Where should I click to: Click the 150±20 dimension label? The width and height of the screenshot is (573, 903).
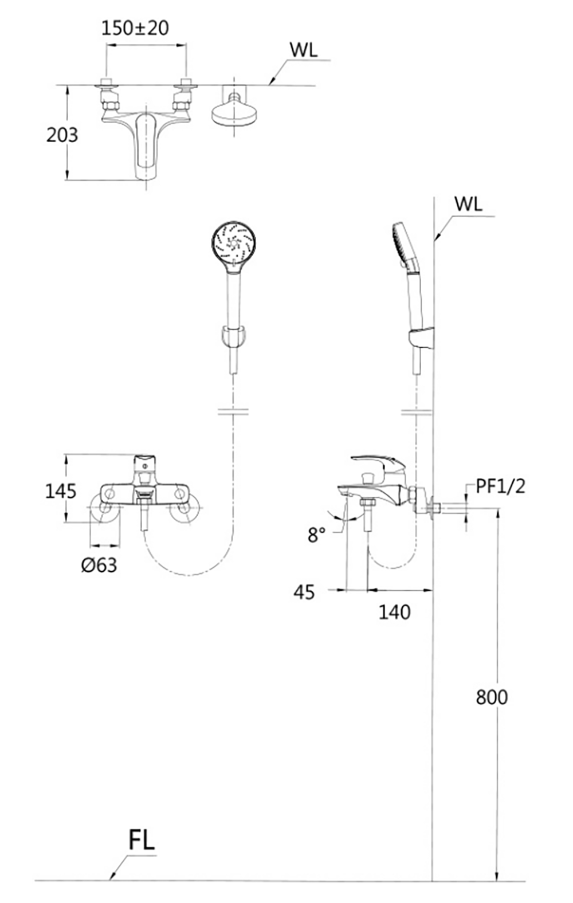[135, 28]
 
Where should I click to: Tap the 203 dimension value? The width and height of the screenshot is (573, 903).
[62, 135]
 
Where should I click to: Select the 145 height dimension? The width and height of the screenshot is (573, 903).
[61, 492]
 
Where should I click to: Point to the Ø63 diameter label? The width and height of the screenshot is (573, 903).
[99, 565]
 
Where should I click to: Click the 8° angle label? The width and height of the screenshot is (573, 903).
[316, 535]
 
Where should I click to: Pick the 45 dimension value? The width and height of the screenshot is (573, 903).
[304, 592]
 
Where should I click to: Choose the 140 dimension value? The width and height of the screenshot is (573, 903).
[394, 612]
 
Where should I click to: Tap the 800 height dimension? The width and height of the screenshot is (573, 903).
[492, 697]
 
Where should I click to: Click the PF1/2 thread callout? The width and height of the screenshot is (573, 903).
[501, 486]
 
